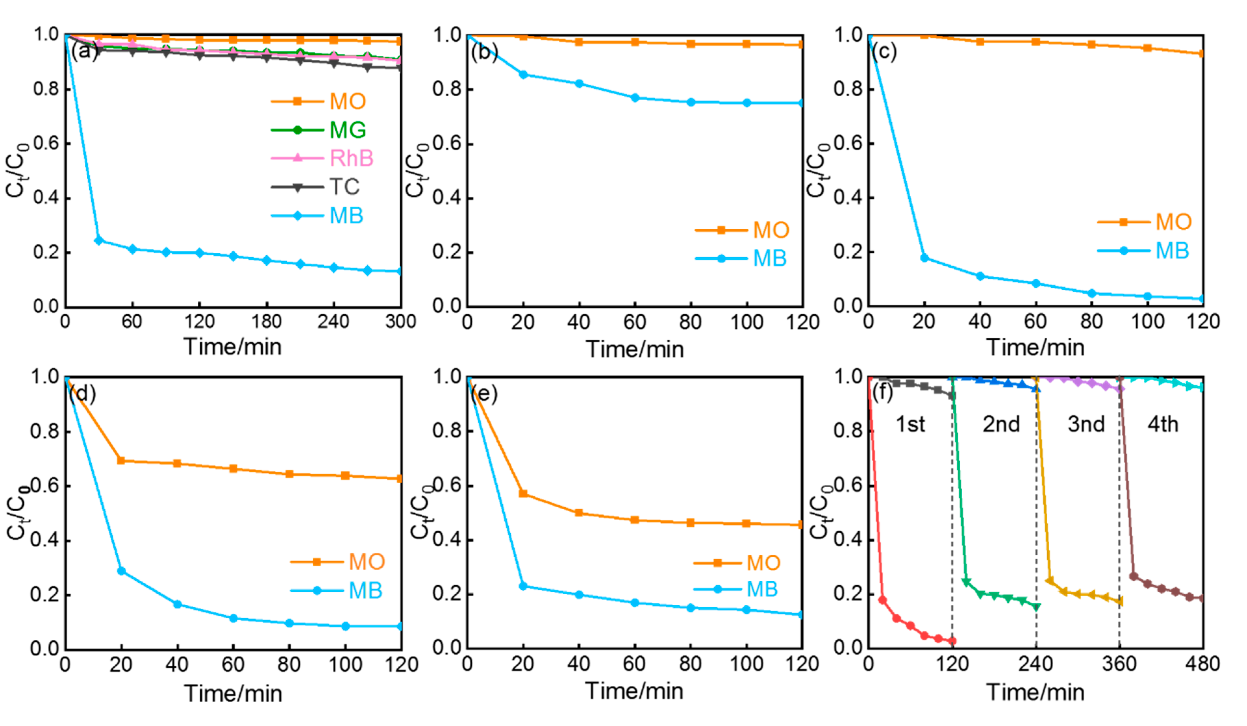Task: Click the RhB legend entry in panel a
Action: point(351,158)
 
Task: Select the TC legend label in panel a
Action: point(344,187)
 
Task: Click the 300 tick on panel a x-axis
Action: point(400,322)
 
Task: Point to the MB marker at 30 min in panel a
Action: point(98,240)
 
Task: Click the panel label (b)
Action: point(484,52)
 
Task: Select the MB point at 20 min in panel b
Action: point(523,75)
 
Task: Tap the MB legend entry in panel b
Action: point(769,259)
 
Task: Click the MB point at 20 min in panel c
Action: point(924,258)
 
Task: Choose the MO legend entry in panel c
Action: point(1173,222)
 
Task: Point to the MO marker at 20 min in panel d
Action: point(121,460)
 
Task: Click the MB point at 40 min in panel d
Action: point(177,604)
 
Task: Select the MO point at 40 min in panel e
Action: point(579,513)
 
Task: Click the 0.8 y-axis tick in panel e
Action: point(446,431)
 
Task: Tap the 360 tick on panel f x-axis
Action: point(1119,664)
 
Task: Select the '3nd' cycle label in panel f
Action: point(1086,424)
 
